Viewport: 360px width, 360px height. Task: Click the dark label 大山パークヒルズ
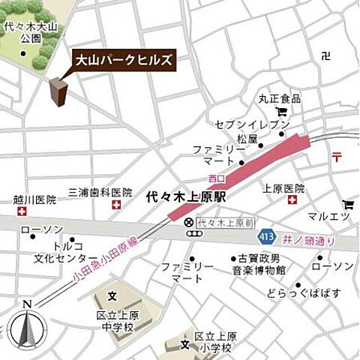(123, 59)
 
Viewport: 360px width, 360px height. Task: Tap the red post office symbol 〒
(337, 156)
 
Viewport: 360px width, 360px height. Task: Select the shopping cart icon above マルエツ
(347, 203)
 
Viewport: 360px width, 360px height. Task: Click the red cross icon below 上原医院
(292, 201)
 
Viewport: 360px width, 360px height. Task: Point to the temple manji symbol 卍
(325, 55)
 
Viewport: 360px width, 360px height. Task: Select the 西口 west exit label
(217, 179)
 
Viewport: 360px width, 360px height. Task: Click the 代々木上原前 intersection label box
(224, 223)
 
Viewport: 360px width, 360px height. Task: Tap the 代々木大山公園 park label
(25, 31)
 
